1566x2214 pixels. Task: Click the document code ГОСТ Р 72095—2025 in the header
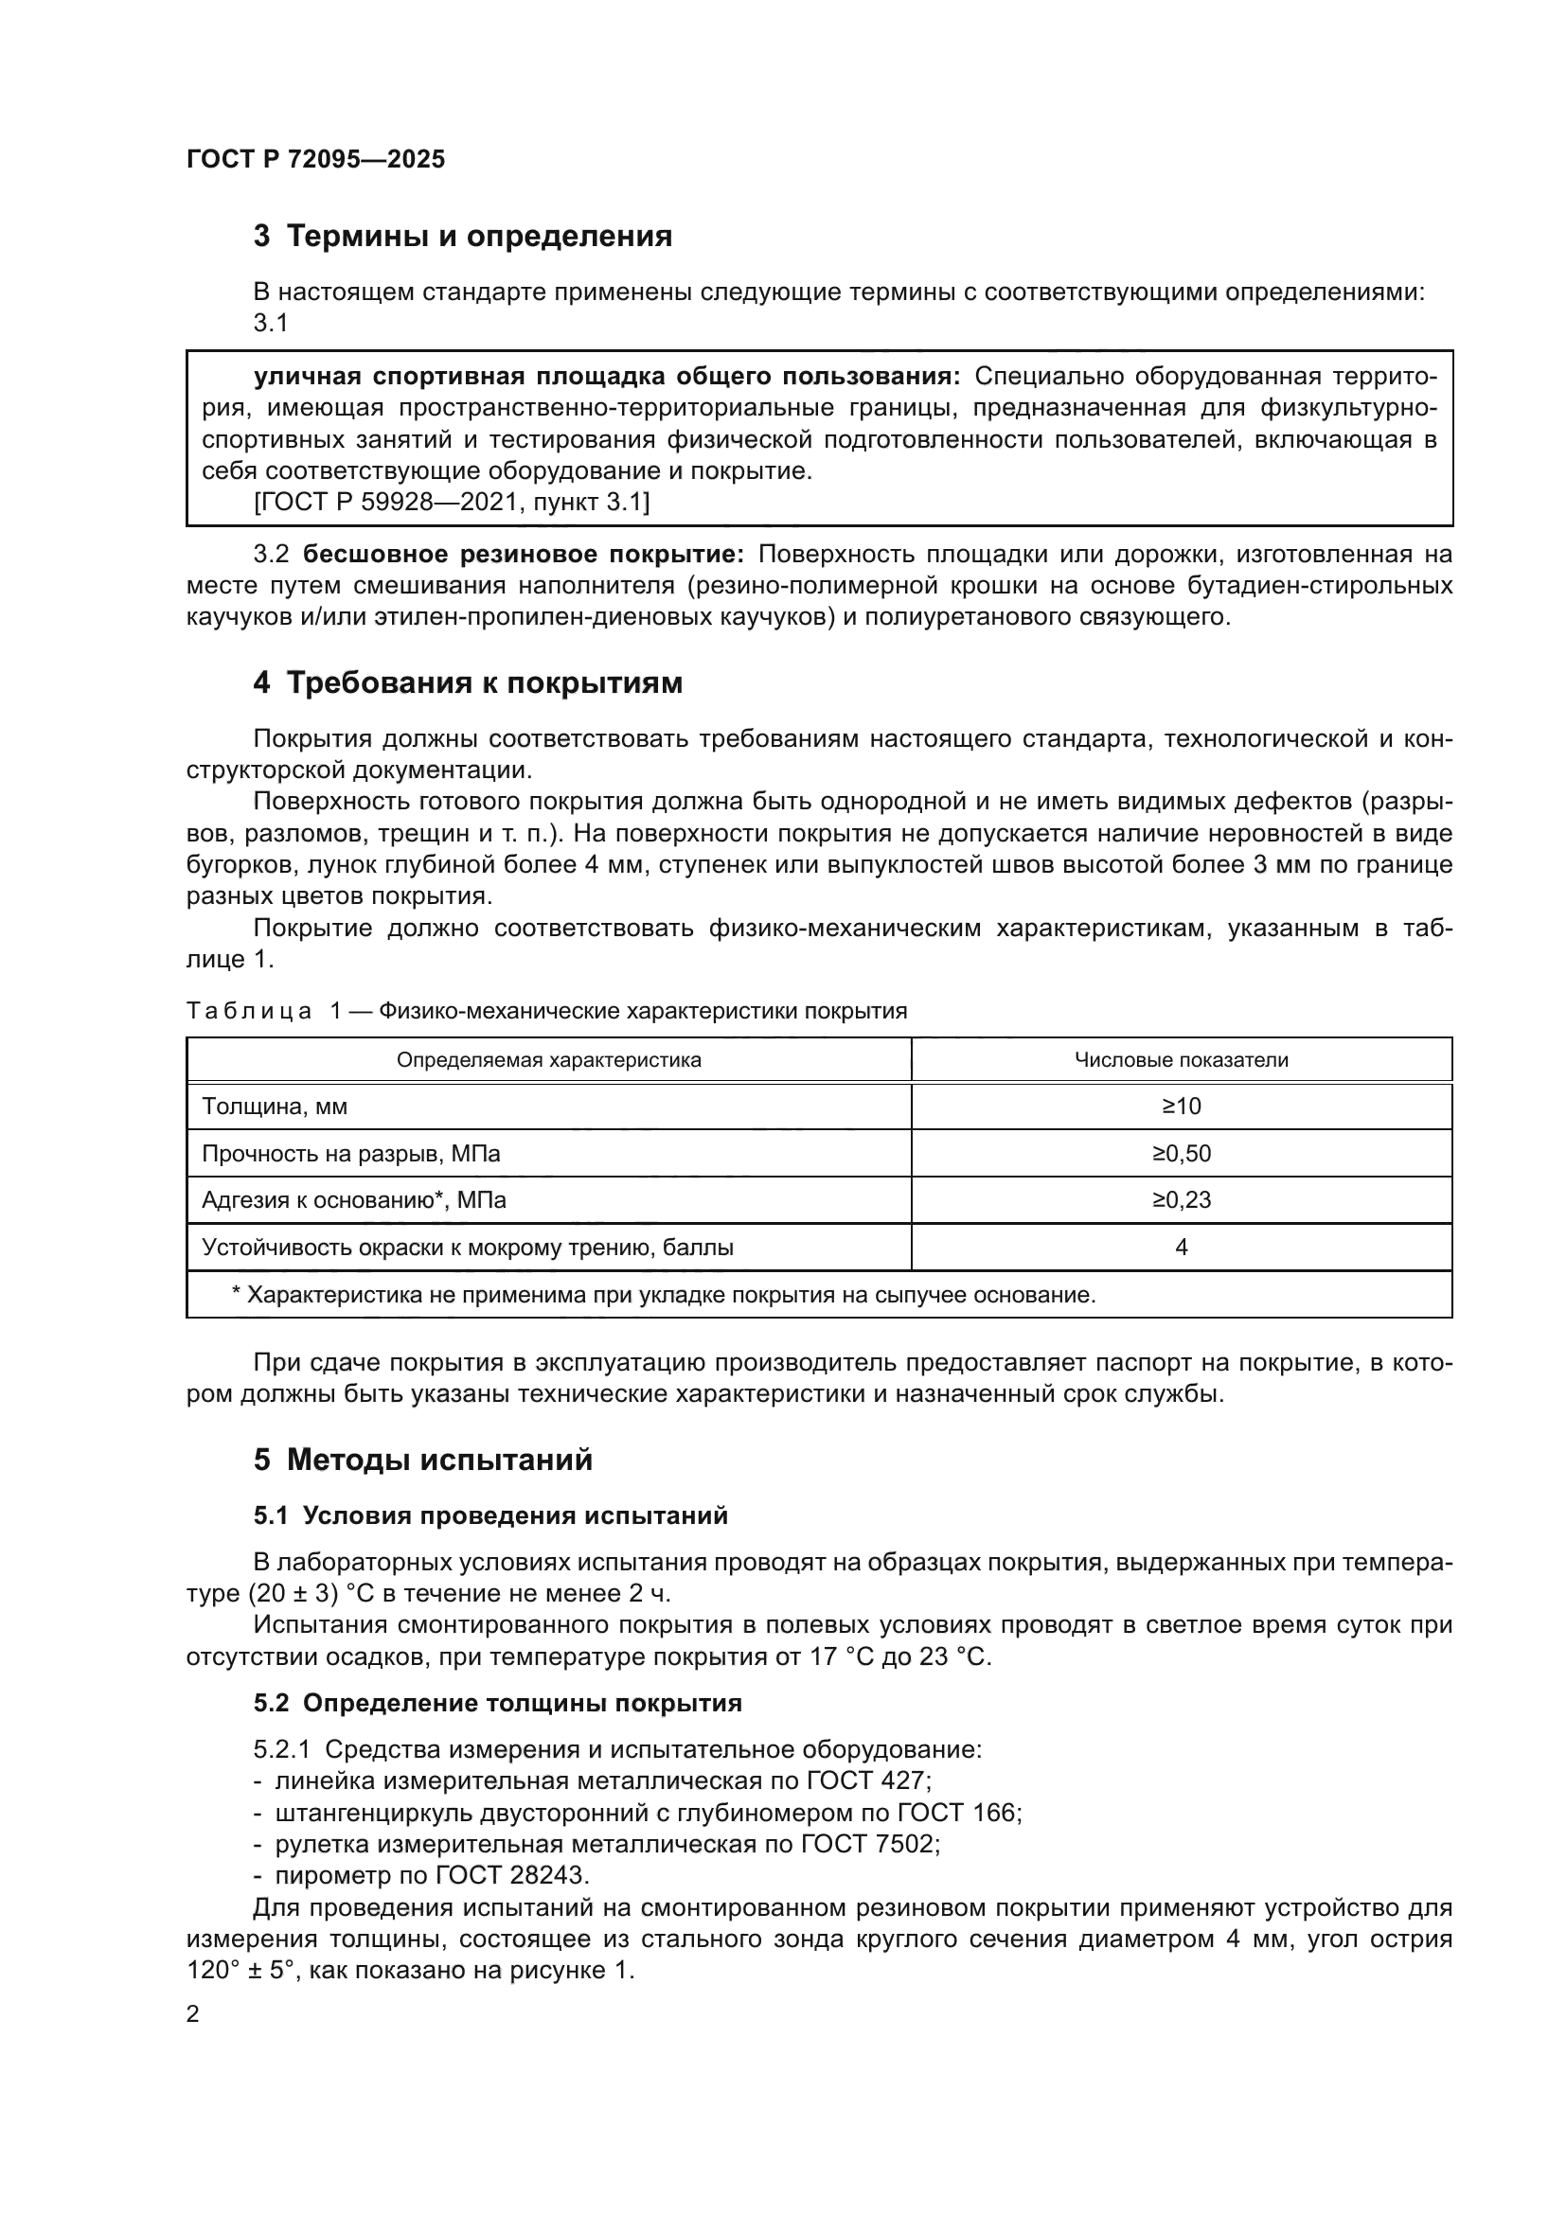click(x=315, y=159)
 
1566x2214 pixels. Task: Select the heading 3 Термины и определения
click(x=463, y=236)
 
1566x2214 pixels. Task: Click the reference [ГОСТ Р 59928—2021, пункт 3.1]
click(x=451, y=502)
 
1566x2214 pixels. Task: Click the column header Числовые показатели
click(x=1182, y=1060)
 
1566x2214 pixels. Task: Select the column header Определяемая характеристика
click(x=549, y=1060)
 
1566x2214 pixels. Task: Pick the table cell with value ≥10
click(x=1182, y=1106)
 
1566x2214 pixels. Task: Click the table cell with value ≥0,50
click(x=1182, y=1153)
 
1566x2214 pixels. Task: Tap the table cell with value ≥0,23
click(x=1182, y=1199)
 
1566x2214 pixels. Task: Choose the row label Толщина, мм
click(x=274, y=1106)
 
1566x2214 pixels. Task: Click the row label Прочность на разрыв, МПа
click(x=351, y=1153)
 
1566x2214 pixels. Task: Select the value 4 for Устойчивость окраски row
click(x=1182, y=1247)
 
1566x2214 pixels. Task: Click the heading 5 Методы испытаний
click(x=423, y=1460)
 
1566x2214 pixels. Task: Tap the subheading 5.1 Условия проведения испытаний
click(x=490, y=1515)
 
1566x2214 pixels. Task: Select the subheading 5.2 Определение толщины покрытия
click(x=498, y=1703)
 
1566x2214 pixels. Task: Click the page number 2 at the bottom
click(x=193, y=2014)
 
